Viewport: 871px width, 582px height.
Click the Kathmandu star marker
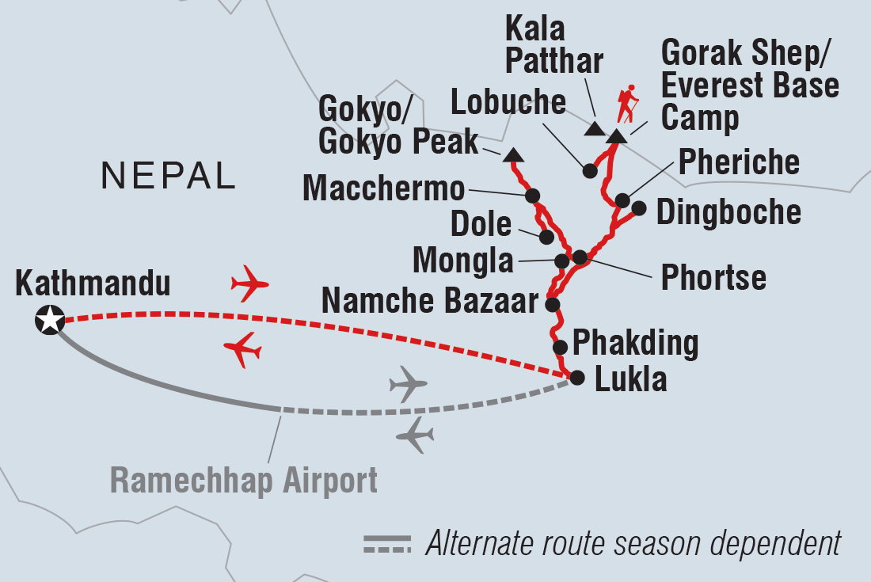coord(49,321)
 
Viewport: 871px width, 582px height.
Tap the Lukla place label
coord(630,380)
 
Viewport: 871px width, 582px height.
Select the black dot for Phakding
coord(560,347)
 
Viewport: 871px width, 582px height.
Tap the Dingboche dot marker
coord(639,208)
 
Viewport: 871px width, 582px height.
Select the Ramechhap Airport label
coord(244,480)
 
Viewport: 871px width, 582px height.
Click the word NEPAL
coord(169,177)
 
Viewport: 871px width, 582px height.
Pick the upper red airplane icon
coord(249,283)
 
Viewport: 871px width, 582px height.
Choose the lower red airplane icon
coord(242,349)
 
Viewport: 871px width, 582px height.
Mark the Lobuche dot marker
coord(589,170)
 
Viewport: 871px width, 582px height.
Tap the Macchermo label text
coord(383,189)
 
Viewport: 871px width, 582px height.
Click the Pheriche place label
coord(738,162)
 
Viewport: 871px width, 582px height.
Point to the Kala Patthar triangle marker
coord(593,128)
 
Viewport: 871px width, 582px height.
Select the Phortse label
coord(713,277)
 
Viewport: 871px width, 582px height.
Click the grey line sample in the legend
coord(387,544)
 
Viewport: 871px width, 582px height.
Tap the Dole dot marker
coord(546,237)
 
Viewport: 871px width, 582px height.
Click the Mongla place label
coord(463,260)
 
